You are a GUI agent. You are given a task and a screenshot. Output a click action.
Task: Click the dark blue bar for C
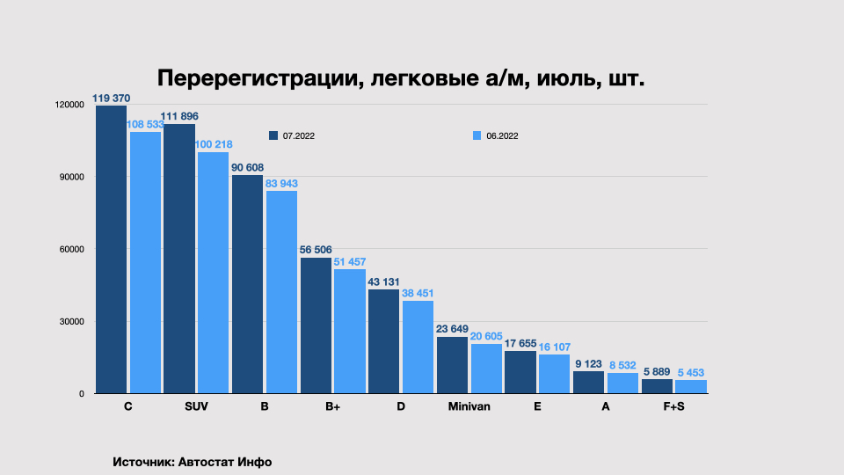[111, 250]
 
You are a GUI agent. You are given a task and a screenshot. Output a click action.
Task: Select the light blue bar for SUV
[213, 273]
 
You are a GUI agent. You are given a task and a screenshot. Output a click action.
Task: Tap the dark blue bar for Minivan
[452, 365]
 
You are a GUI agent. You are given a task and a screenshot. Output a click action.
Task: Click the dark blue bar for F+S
[657, 386]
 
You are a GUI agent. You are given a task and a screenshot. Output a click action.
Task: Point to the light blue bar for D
[418, 347]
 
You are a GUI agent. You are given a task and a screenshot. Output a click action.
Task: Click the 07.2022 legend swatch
[273, 135]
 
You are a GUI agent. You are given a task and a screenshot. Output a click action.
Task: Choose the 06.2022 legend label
[502, 135]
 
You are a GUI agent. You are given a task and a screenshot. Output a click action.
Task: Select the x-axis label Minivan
[469, 407]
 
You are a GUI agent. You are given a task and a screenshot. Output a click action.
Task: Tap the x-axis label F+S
[673, 407]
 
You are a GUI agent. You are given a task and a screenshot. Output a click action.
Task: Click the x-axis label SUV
[196, 407]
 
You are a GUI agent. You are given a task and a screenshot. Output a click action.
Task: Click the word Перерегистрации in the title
[256, 78]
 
